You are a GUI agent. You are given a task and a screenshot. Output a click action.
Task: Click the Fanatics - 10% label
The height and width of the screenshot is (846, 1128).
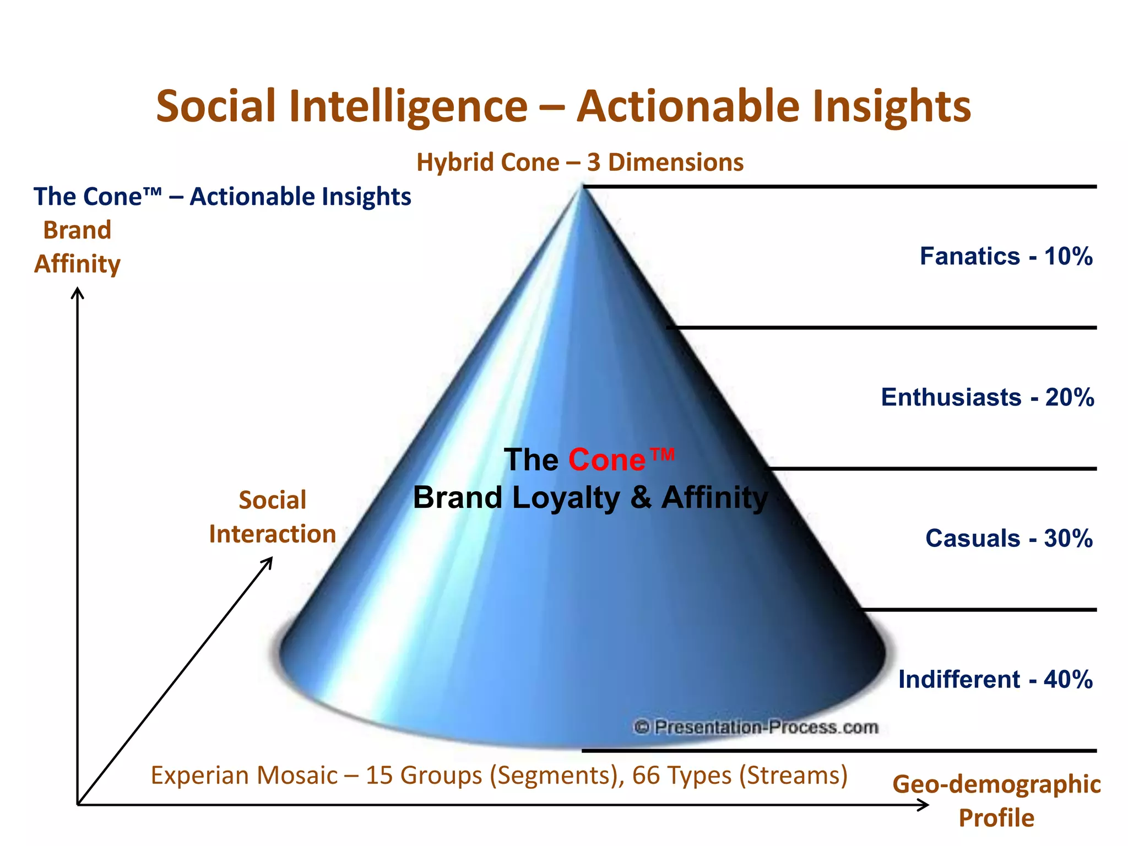(x=1006, y=257)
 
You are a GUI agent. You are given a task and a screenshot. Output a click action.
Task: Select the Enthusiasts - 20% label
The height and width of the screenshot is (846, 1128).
(x=987, y=398)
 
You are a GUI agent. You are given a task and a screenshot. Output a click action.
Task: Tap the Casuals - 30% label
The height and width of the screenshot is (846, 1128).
(x=1008, y=539)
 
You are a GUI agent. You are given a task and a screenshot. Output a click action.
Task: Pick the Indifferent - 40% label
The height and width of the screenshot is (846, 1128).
(x=995, y=680)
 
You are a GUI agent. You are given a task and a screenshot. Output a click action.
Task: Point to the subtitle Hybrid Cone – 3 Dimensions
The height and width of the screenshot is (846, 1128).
(x=579, y=162)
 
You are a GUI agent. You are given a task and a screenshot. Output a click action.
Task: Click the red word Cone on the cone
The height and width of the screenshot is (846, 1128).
(x=606, y=460)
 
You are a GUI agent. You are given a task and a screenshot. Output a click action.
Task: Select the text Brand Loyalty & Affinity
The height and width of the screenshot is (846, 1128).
(x=590, y=498)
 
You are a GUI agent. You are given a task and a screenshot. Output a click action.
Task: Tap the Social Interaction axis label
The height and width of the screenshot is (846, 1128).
(x=272, y=517)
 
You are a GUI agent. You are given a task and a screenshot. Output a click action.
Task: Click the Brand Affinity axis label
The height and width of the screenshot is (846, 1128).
(x=77, y=247)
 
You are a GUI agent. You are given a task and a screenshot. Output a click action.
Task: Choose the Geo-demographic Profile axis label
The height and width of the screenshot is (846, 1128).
(x=996, y=801)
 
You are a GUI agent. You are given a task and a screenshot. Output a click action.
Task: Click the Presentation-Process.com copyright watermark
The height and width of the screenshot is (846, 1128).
(x=756, y=728)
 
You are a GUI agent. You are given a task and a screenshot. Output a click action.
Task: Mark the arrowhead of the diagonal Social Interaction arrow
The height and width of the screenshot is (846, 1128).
(x=269, y=561)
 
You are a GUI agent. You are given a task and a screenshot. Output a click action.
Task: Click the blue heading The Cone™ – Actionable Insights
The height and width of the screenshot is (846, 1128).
(x=222, y=197)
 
